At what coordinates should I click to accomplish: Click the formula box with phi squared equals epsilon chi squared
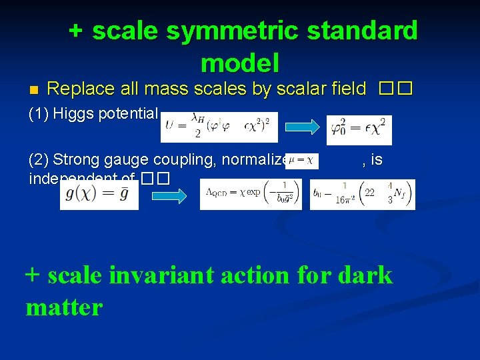point(359,129)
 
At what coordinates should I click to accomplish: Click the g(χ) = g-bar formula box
point(99,194)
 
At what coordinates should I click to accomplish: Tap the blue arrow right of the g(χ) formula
point(170,195)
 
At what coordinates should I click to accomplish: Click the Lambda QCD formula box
point(251,194)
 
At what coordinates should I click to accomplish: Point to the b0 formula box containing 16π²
point(362,194)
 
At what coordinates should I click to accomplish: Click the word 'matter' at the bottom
point(64,307)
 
